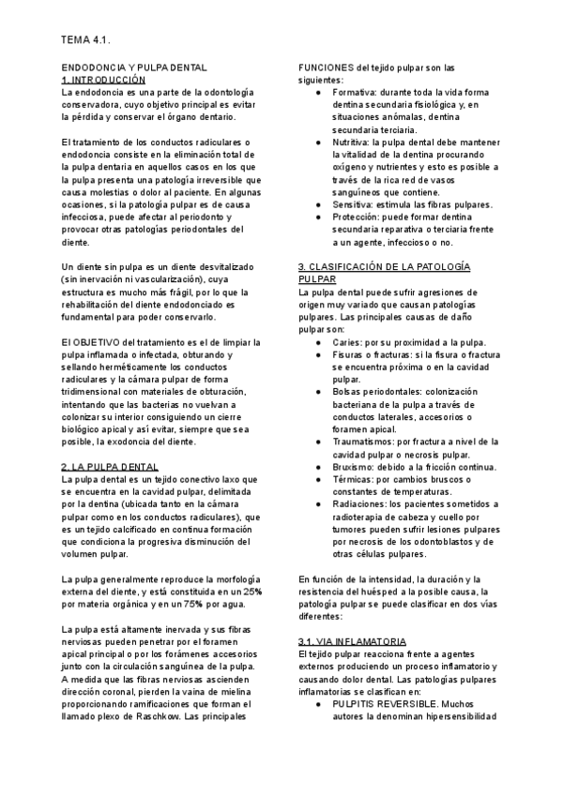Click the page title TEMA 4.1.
point(85,41)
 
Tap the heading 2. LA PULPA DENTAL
point(109,466)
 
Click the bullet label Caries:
point(348,343)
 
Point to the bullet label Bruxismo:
point(356,466)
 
